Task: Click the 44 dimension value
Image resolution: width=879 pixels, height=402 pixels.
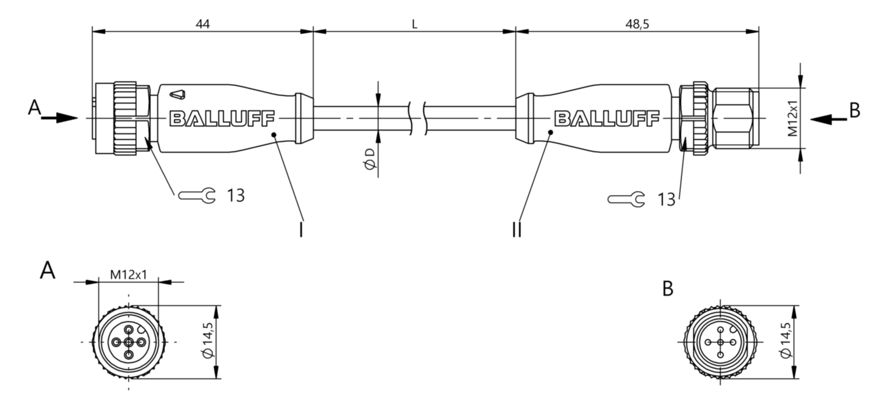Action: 203,24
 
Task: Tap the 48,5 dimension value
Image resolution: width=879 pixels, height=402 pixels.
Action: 637,24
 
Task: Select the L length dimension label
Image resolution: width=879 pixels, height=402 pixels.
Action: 415,24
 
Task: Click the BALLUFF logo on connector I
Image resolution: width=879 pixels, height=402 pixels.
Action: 222,118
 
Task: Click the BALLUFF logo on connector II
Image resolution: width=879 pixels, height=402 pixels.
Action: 606,118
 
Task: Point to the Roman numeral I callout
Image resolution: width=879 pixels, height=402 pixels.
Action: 301,230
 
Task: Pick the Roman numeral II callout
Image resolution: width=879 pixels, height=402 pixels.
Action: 517,230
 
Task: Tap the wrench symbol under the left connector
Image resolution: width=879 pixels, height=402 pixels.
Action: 197,195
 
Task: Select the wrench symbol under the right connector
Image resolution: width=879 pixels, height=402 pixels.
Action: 626,199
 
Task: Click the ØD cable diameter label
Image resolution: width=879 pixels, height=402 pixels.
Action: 369,159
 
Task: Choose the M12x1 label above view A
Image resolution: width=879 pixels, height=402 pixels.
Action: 128,275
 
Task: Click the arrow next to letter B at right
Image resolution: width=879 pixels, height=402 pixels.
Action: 829,119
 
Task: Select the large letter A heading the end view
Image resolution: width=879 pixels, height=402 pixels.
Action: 48,271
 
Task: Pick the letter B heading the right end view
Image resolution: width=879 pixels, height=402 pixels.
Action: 668,289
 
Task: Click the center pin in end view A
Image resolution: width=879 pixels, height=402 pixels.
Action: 129,343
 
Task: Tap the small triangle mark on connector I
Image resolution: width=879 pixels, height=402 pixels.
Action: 178,95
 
